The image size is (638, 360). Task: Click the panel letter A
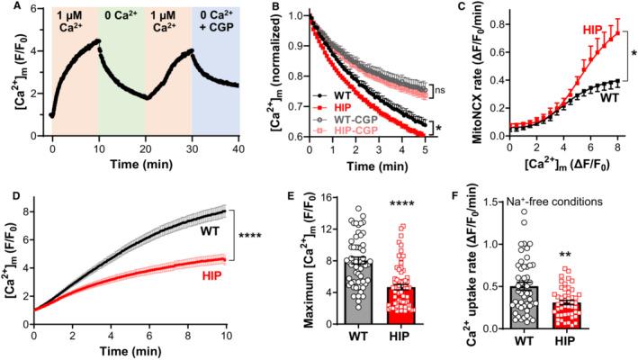7,8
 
